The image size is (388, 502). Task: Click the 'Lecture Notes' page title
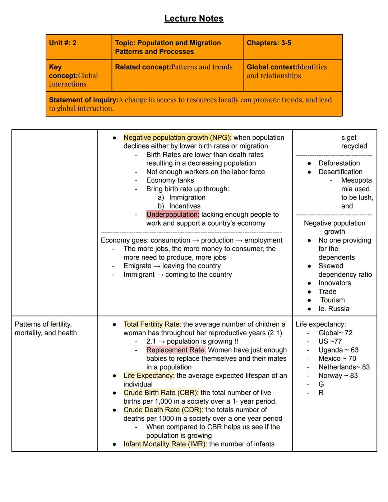click(194, 19)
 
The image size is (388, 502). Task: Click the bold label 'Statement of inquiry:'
click(83, 100)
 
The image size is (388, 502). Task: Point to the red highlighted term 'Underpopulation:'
click(172, 215)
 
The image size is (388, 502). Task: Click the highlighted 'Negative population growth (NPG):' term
click(177, 138)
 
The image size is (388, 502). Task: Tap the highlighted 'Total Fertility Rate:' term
click(152, 324)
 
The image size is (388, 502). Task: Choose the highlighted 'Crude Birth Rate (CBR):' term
click(161, 393)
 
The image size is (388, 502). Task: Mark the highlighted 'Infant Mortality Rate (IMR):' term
click(165, 444)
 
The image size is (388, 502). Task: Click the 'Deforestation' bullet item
click(339, 163)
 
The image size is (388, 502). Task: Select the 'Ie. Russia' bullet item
click(333, 309)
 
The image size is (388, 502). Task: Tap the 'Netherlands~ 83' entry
click(344, 367)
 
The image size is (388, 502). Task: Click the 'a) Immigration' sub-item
click(182, 198)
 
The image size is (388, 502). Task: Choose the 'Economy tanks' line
click(170, 180)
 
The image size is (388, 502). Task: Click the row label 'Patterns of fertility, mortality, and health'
click(46, 328)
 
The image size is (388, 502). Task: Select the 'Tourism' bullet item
click(332, 300)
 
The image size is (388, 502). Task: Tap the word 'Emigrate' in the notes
click(137, 266)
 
